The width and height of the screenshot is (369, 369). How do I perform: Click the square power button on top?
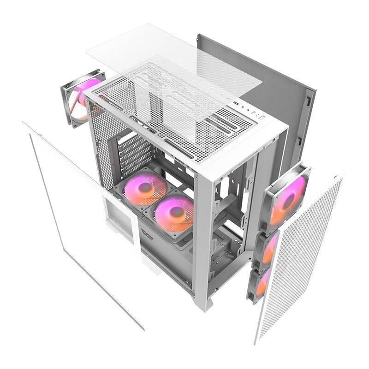[262, 118]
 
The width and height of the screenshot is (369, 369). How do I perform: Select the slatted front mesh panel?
[304, 258]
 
